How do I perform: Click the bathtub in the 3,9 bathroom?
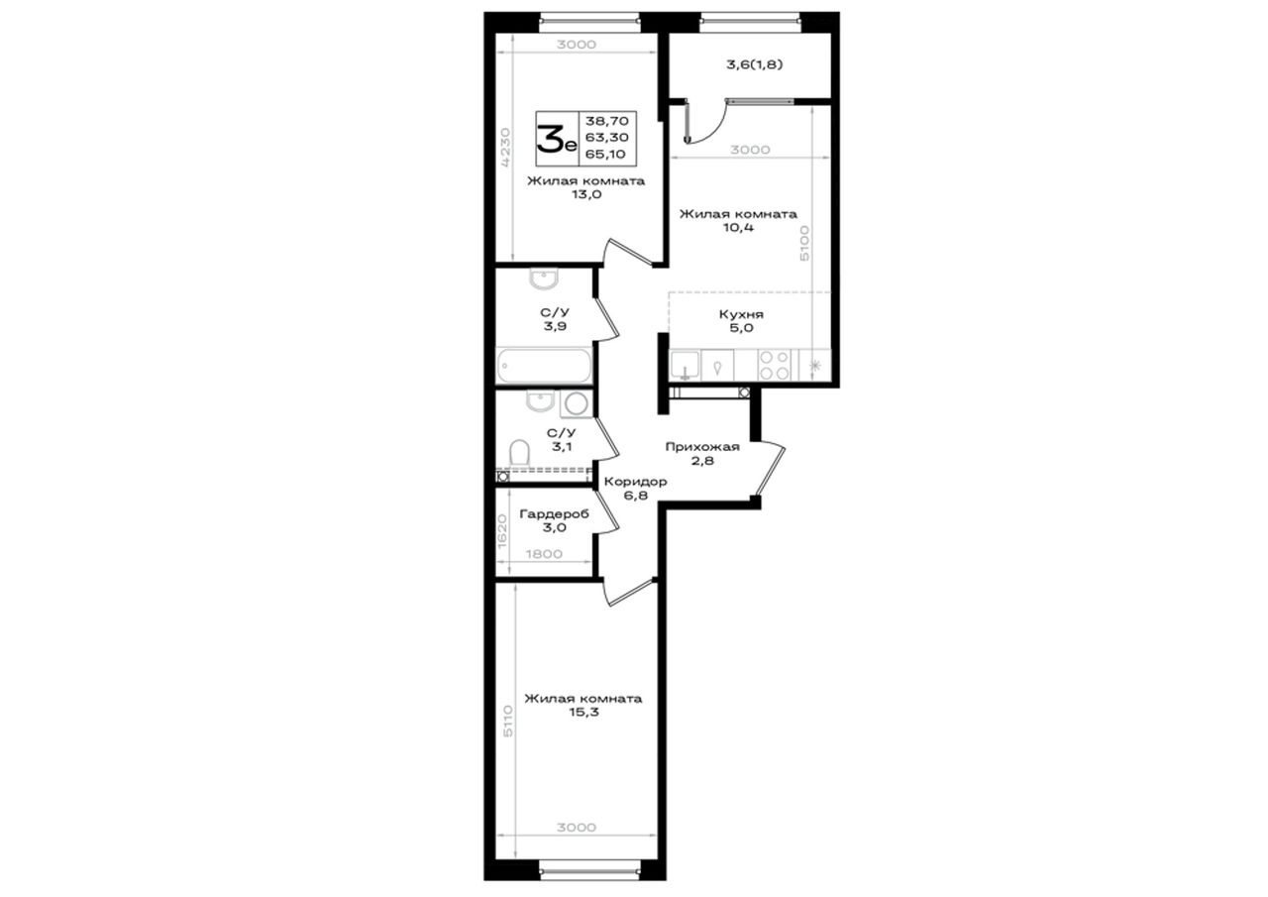pos(544,366)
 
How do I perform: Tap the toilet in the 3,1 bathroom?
pos(519,453)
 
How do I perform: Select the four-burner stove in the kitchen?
pos(775,366)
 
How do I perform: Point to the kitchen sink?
pos(685,366)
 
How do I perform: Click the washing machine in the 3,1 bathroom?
pos(577,404)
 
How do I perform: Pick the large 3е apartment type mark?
pos(557,139)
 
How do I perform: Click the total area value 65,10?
pos(605,154)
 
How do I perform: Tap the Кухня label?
pos(741,314)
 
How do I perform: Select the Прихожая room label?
pos(702,447)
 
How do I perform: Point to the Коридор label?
pos(635,482)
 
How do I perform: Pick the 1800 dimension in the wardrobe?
pos(544,554)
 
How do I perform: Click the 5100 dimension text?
pos(803,244)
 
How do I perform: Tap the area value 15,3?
pos(583,712)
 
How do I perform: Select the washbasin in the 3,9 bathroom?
pos(544,279)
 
